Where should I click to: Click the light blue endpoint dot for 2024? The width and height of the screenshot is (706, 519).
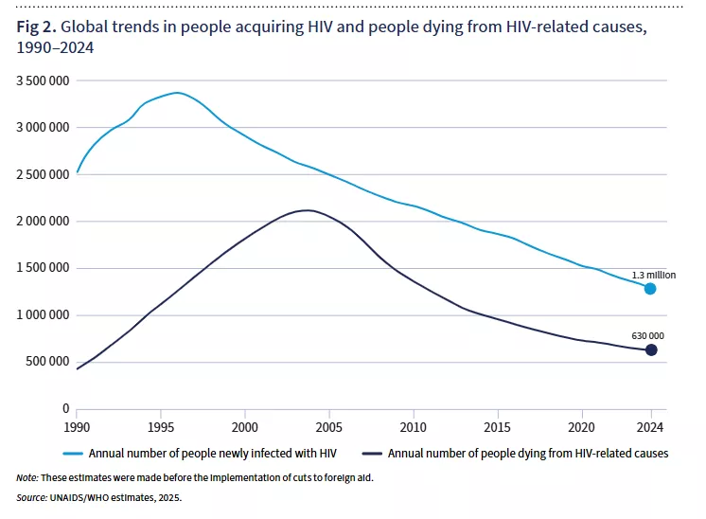point(650,288)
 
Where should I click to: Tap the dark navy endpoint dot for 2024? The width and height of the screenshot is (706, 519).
point(650,350)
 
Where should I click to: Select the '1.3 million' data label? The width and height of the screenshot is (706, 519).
point(655,274)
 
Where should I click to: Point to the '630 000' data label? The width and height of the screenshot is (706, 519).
point(648,335)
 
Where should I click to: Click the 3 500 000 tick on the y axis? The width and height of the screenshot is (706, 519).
point(44,81)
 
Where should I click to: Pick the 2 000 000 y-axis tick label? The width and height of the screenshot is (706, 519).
point(44,222)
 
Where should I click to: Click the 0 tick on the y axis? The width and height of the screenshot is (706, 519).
point(66,408)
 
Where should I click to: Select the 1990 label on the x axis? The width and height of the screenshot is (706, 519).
point(78,425)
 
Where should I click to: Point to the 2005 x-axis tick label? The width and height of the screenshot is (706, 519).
point(329,425)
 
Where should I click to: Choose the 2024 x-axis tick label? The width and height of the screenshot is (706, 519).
point(651,425)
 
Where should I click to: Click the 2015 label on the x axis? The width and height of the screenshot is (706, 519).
point(498,425)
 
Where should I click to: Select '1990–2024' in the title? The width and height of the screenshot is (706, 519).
point(55,46)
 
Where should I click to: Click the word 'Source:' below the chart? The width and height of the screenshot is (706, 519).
point(33,496)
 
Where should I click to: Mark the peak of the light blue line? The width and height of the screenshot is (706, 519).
point(177,93)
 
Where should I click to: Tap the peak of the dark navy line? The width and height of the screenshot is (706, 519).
point(307,210)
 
